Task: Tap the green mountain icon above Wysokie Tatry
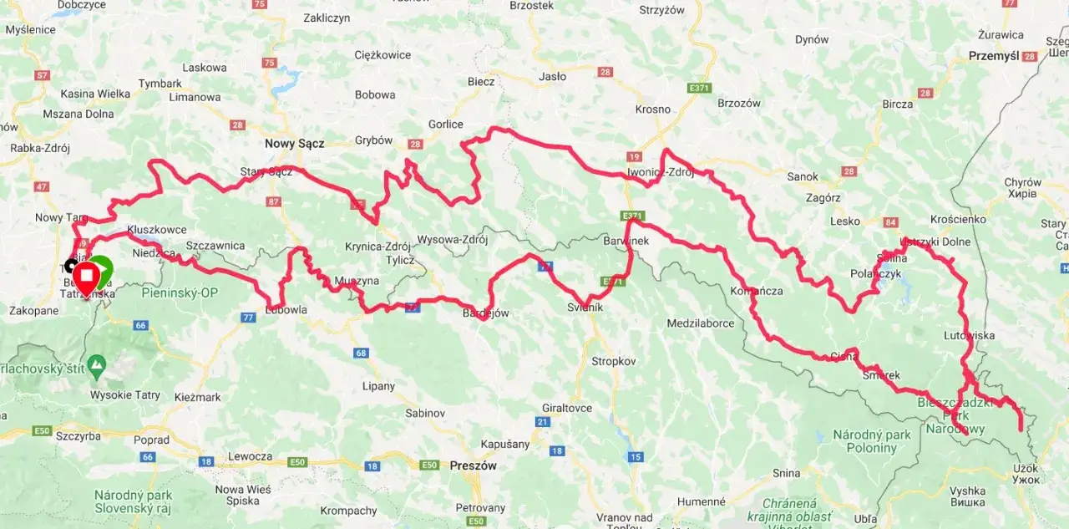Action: [98, 364]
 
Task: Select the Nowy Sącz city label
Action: [294, 143]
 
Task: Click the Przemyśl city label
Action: [994, 56]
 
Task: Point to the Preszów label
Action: [474, 465]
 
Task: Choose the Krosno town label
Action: [652, 109]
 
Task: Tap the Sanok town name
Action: [803, 176]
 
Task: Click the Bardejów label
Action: [485, 313]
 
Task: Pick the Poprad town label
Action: [150, 440]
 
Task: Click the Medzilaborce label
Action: [700, 323]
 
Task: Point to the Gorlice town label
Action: [445, 124]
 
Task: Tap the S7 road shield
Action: [42, 75]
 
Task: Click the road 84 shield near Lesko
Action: [890, 222]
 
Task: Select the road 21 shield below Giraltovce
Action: [543, 422]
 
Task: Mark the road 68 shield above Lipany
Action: [361, 353]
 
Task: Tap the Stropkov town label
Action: [614, 361]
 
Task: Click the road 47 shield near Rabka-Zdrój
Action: [42, 186]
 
